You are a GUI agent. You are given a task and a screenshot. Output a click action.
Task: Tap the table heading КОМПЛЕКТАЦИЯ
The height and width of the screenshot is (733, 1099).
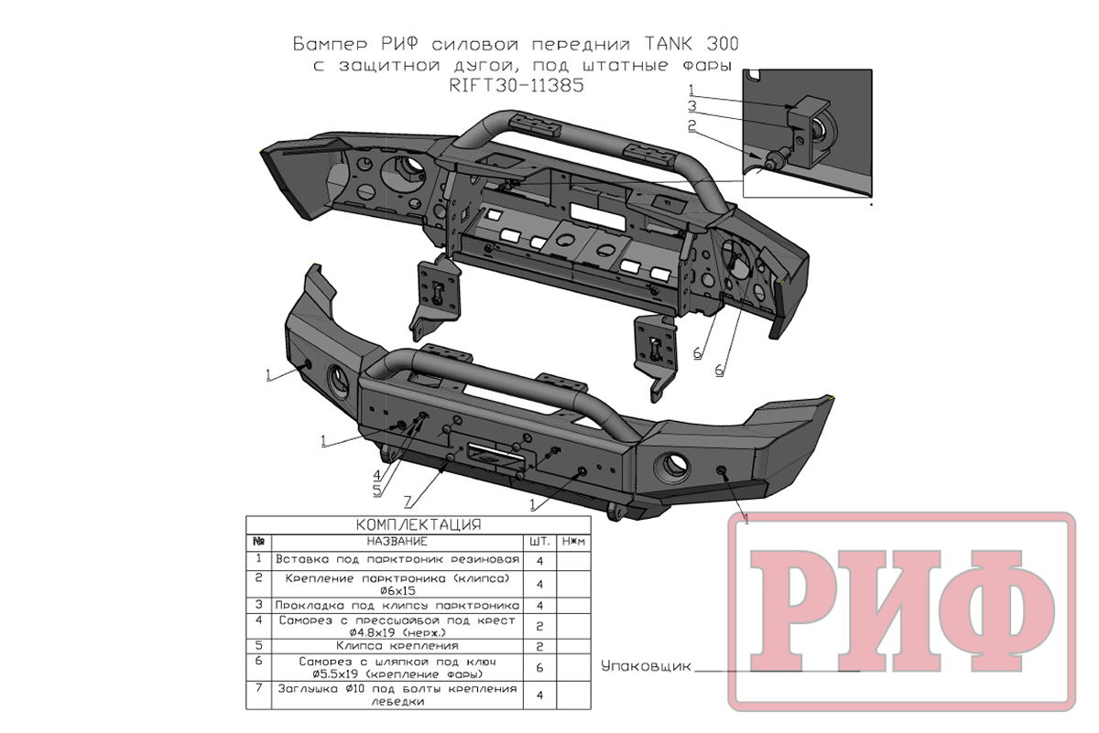coord(418,525)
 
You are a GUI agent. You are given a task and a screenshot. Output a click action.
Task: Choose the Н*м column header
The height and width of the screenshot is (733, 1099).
coord(574,542)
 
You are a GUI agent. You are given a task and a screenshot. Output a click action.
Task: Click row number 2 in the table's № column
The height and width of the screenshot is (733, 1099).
coord(260,578)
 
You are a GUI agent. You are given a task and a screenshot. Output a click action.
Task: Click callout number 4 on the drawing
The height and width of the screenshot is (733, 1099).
coord(376,475)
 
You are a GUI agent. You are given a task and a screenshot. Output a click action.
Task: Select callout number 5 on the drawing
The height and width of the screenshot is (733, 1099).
coord(376,490)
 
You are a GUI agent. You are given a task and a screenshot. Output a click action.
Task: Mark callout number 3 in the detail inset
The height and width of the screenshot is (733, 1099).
coord(692,107)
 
